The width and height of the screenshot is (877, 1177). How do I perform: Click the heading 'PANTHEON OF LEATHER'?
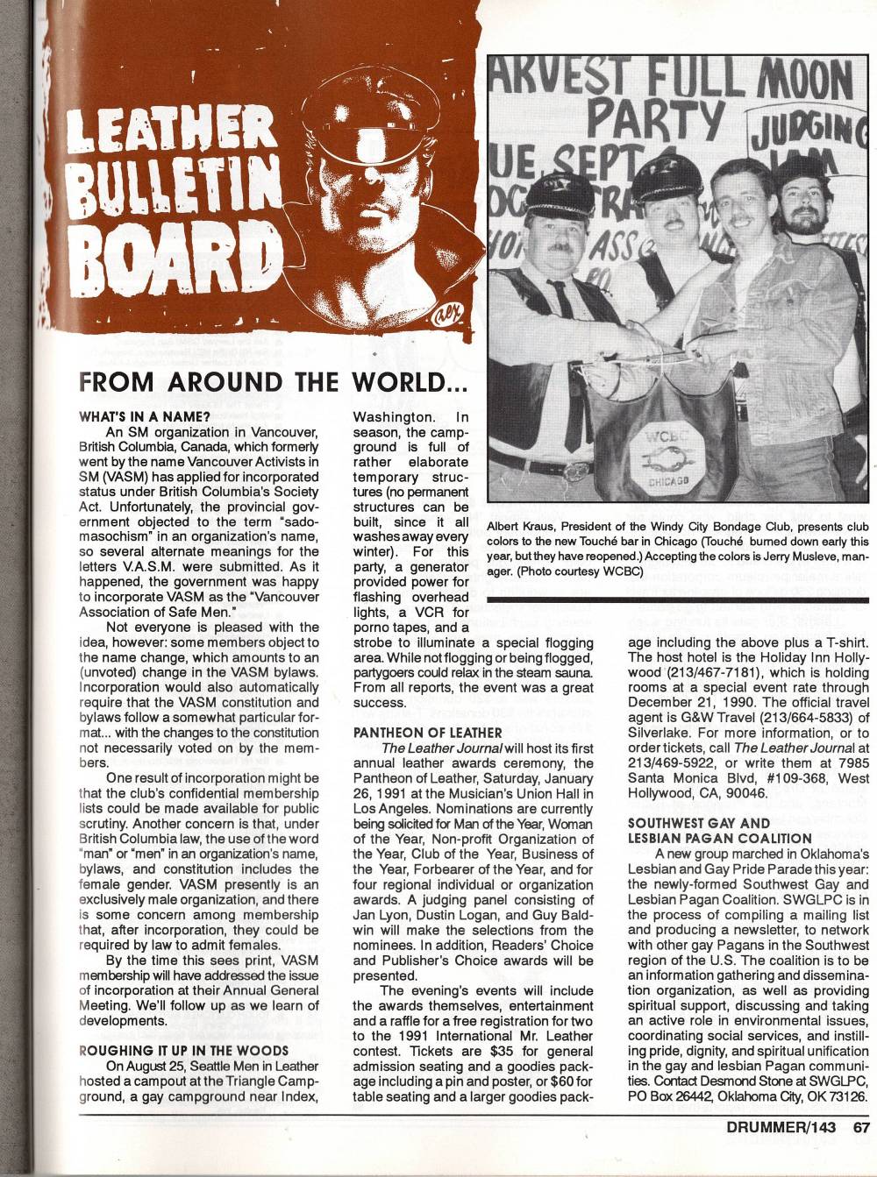point(427,732)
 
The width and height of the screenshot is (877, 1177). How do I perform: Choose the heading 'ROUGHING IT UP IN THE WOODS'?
point(183,1050)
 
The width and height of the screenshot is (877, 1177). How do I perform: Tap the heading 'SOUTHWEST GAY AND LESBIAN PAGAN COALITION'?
point(702,831)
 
